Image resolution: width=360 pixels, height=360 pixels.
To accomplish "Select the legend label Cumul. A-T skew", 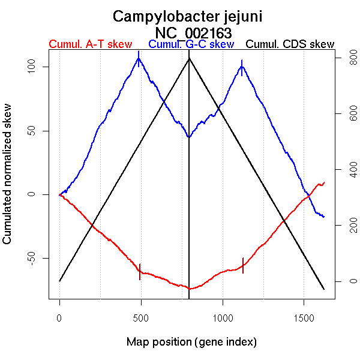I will [90, 44].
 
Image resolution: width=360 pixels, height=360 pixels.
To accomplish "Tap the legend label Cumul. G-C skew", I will [191, 44].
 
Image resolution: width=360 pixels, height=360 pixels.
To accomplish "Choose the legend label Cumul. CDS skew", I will [290, 44].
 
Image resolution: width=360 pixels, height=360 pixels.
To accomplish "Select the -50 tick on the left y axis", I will [34, 258].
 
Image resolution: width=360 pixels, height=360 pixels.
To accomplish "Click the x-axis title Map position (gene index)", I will [191, 342].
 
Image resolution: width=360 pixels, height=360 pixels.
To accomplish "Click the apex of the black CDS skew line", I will [189, 58].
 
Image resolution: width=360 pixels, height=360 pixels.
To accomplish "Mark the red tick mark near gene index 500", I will [140, 271].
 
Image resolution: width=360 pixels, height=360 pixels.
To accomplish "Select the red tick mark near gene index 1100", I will [243, 265].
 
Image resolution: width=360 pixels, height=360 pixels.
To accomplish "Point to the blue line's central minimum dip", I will [188, 137].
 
